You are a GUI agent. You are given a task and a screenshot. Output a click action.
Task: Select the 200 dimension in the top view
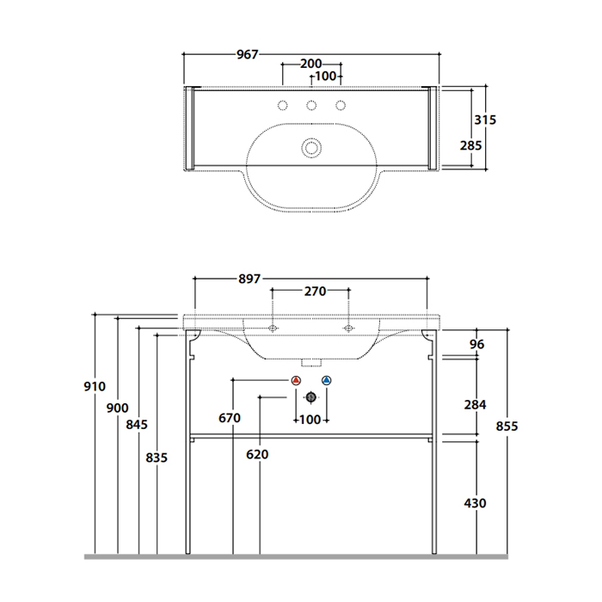[x=311, y=64]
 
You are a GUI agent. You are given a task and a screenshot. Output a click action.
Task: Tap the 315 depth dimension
[x=486, y=120]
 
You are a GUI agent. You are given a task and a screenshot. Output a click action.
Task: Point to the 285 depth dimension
[x=470, y=145]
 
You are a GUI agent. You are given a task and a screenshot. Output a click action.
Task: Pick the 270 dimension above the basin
[x=313, y=292]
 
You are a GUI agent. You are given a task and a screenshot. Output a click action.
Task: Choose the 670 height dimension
[x=229, y=418]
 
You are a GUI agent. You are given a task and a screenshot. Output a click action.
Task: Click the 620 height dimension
[x=257, y=454]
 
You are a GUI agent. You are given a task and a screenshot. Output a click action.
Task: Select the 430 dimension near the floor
[x=475, y=502]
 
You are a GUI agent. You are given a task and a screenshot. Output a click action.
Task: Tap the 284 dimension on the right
[x=475, y=404]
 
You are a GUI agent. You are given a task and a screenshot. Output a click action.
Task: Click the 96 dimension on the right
[x=477, y=344]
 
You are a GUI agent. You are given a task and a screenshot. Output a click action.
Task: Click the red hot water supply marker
[x=297, y=381]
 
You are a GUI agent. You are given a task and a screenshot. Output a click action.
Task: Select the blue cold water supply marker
[x=325, y=381]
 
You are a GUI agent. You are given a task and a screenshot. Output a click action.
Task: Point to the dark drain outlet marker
[x=311, y=396]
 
